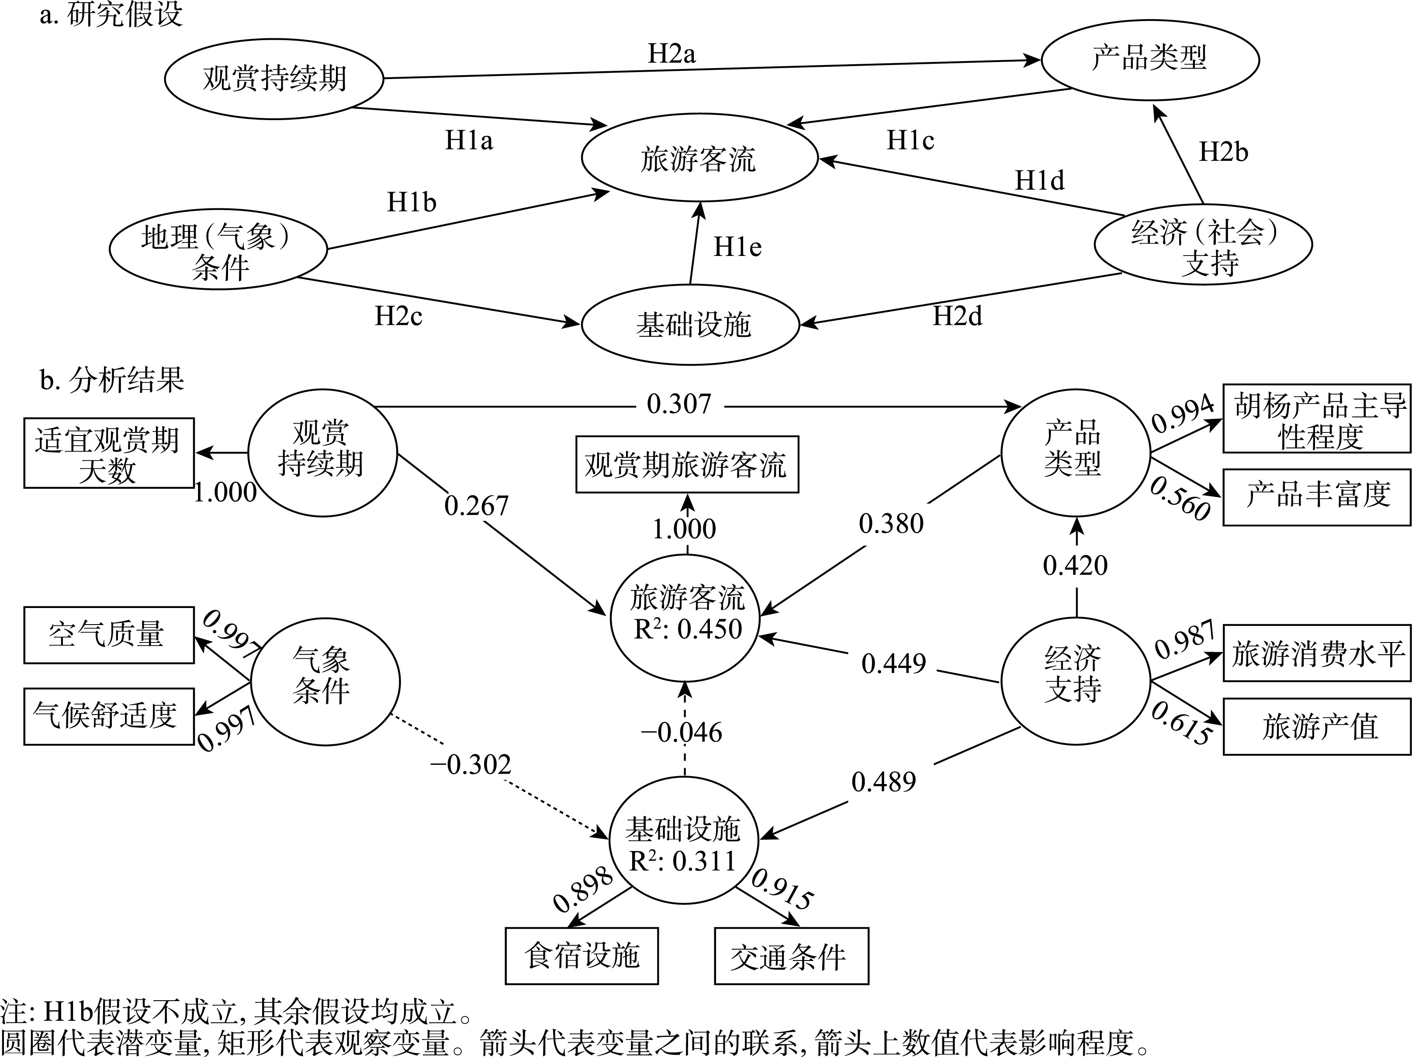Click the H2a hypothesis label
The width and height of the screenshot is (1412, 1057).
tap(671, 54)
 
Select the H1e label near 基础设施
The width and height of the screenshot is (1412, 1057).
tap(737, 247)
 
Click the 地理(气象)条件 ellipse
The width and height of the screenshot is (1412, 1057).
tap(218, 249)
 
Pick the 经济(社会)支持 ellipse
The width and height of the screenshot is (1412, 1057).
tap(1203, 245)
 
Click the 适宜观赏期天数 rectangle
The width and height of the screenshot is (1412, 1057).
tap(108, 454)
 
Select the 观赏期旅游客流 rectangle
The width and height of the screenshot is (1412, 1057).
tap(687, 465)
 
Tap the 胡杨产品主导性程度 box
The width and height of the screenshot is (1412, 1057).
tap(1317, 419)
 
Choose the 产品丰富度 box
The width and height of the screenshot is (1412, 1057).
tap(1317, 497)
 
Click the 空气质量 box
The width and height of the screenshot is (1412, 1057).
tap(108, 635)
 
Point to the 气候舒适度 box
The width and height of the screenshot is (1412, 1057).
tap(108, 716)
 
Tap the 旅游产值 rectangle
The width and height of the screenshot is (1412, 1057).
tap(1317, 727)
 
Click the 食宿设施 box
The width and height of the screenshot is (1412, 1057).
tap(581, 956)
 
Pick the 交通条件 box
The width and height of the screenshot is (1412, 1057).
tap(791, 956)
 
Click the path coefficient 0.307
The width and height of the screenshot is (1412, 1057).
tap(678, 404)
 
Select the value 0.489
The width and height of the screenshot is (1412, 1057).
tap(883, 782)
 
